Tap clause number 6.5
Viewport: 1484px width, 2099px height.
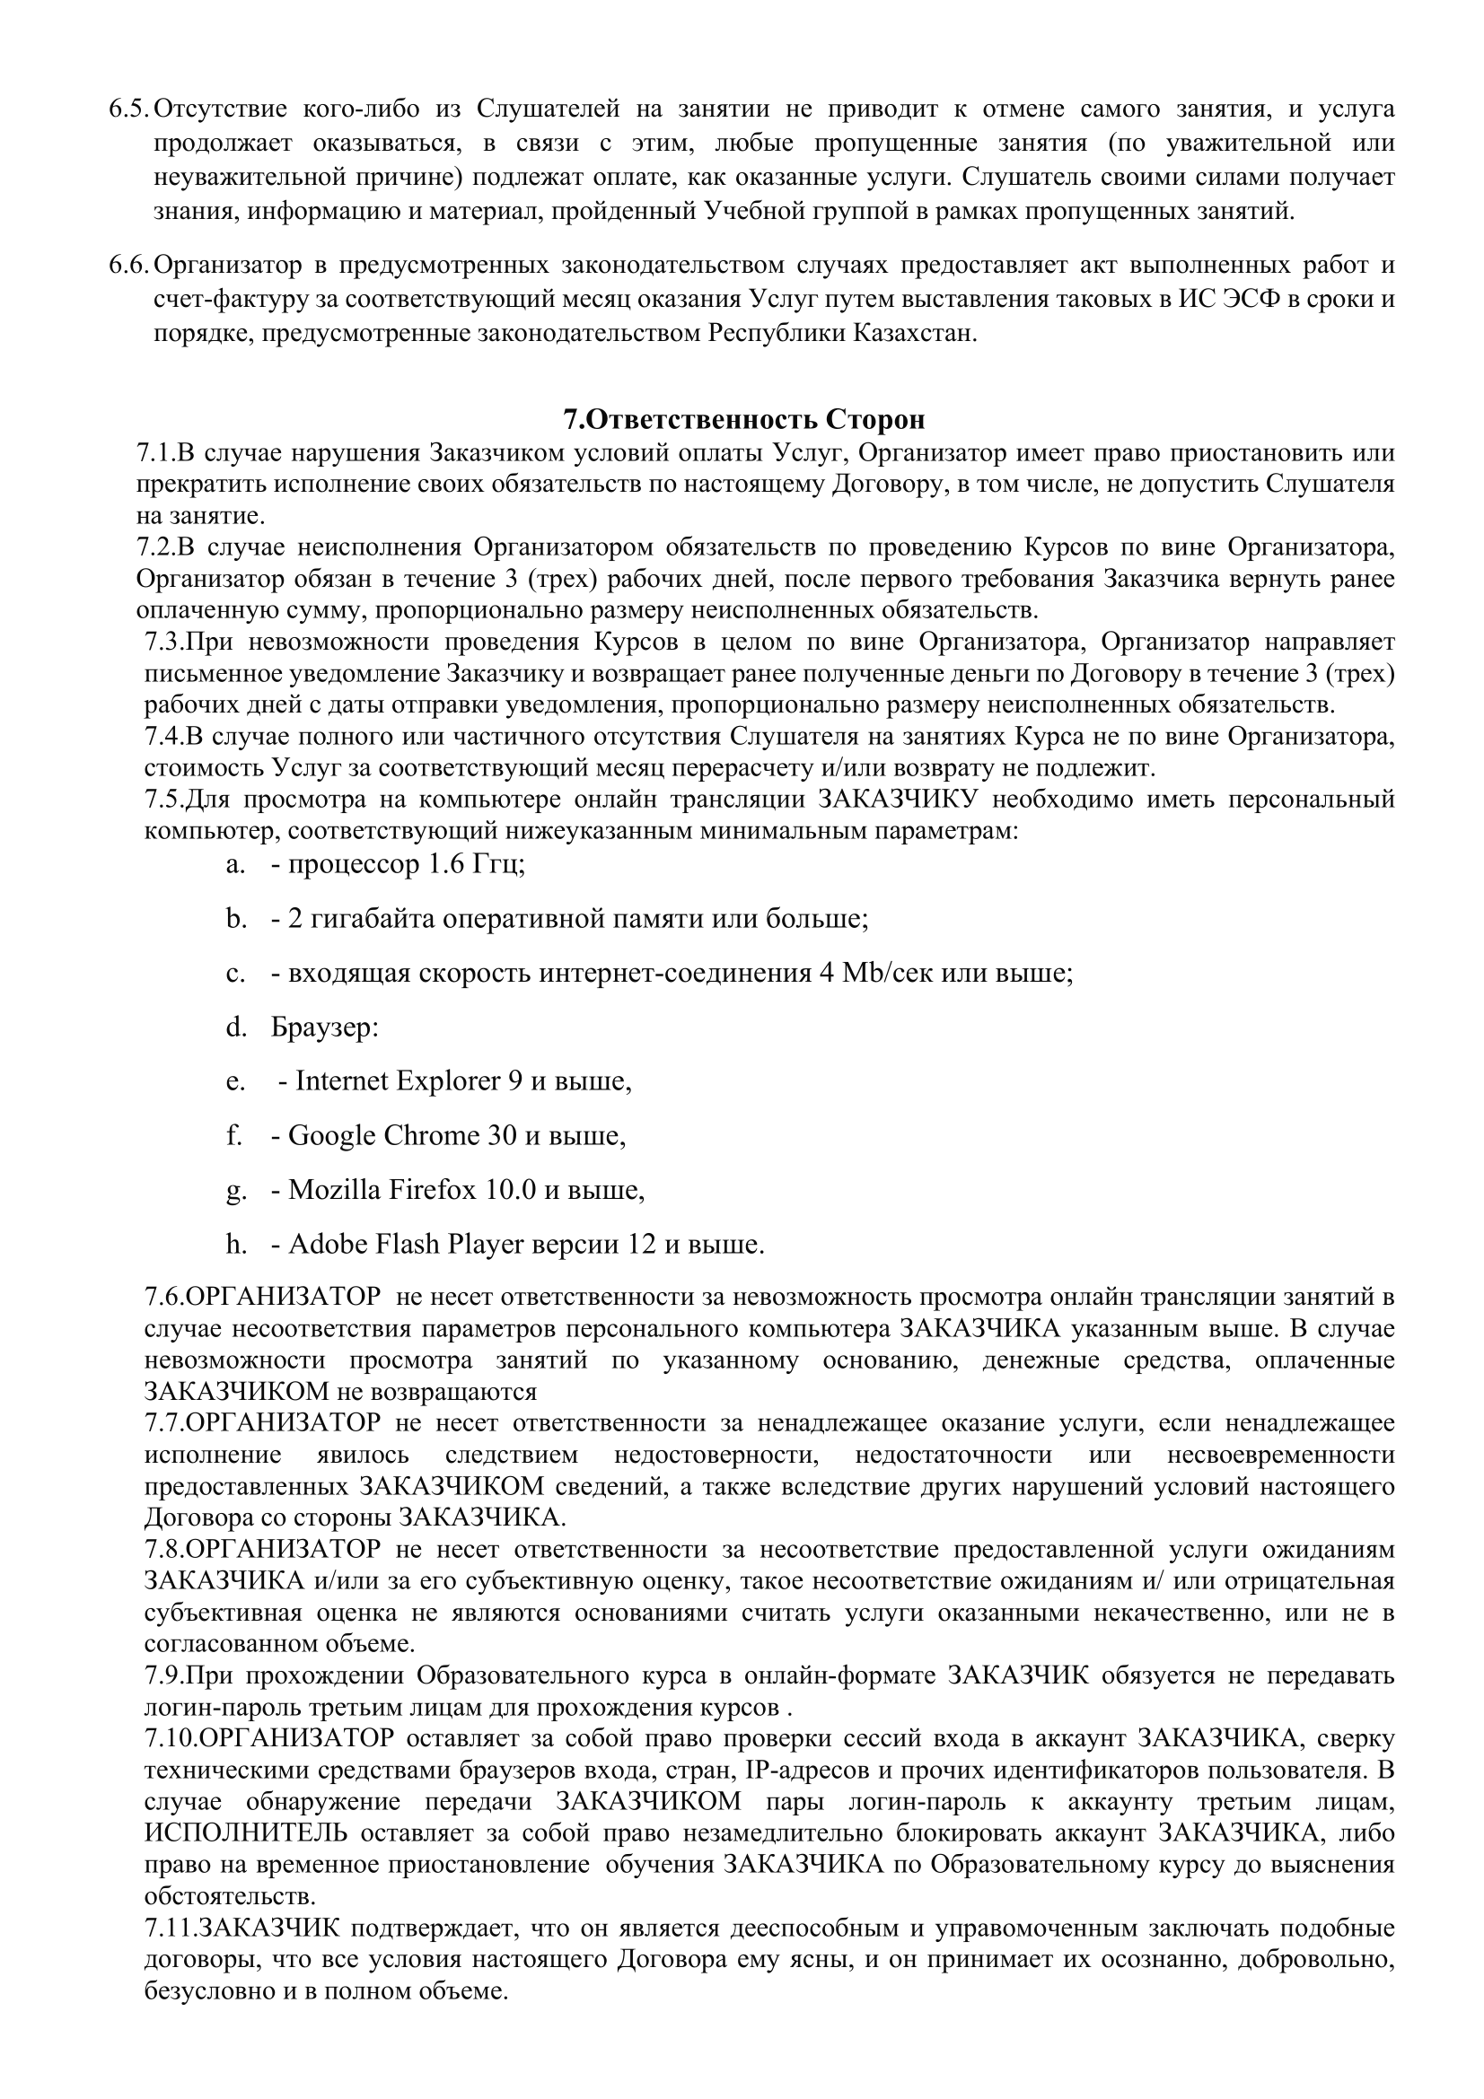click(x=128, y=109)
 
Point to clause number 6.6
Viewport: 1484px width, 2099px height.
click(x=128, y=265)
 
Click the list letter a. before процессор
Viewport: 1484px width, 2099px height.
click(x=236, y=864)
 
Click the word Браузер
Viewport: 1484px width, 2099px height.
click(x=324, y=1028)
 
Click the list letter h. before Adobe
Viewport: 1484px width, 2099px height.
click(x=237, y=1244)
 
